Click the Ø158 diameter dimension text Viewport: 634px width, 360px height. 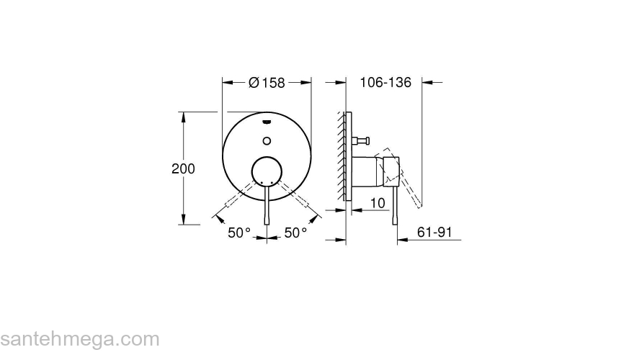(x=267, y=83)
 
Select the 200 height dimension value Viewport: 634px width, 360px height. (x=184, y=168)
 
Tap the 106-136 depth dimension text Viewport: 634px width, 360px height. (x=385, y=83)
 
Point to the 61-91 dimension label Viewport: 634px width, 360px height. (x=434, y=232)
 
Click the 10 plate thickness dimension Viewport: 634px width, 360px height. (x=377, y=204)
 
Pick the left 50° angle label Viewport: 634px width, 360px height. (x=239, y=233)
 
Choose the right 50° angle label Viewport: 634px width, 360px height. (x=295, y=233)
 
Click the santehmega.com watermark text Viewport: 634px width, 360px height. (x=79, y=338)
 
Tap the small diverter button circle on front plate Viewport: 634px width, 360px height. (x=267, y=140)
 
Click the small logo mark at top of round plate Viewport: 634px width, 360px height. (x=267, y=120)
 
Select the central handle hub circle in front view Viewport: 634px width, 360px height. (x=267, y=173)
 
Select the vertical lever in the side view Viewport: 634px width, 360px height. (x=394, y=205)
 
